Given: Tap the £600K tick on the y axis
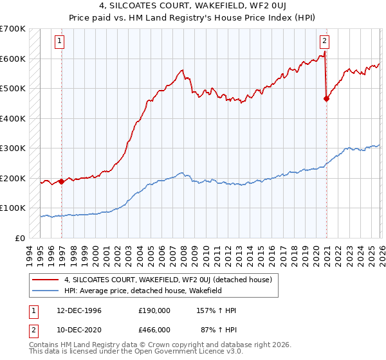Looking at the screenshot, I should point(13,59).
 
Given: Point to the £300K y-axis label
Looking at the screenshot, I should point(13,148).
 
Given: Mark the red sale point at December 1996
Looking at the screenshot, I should point(62,181).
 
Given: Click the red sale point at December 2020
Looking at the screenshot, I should point(326,98).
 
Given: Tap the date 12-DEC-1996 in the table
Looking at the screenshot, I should point(75,310).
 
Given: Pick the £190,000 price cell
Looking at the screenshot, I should point(154,310).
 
